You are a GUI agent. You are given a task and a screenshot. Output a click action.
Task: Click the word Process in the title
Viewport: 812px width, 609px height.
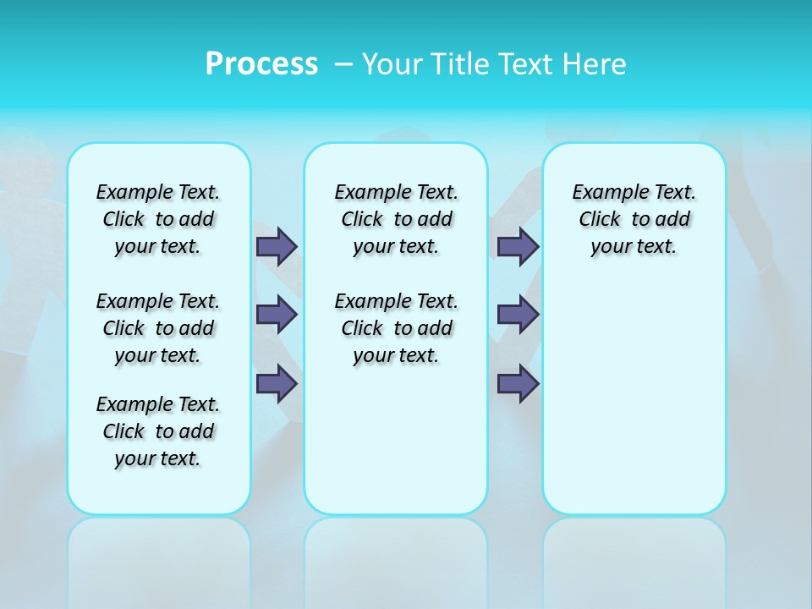(x=261, y=64)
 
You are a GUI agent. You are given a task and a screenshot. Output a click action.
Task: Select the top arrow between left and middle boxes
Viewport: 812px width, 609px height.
(x=277, y=246)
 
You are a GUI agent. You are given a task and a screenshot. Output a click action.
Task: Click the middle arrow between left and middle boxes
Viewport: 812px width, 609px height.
(x=277, y=315)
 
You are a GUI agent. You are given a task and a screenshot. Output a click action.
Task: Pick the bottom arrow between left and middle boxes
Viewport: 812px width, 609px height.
(x=277, y=384)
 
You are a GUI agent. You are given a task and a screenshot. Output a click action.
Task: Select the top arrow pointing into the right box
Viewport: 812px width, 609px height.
(x=518, y=246)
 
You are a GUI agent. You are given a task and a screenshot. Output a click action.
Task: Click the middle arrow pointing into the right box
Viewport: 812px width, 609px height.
(x=518, y=315)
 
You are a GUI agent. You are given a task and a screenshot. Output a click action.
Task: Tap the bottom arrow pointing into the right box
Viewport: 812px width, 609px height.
(x=518, y=384)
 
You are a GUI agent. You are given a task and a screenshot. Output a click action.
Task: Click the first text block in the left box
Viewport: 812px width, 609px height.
(x=158, y=219)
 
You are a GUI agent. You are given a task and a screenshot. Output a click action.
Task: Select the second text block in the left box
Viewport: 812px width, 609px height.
(x=158, y=328)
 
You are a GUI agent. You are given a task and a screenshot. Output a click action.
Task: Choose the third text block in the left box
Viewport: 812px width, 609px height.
(x=158, y=431)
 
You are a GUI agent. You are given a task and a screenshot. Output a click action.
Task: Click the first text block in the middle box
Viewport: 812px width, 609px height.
(x=396, y=219)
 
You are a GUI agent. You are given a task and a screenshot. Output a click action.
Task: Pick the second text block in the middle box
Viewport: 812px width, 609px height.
(x=396, y=328)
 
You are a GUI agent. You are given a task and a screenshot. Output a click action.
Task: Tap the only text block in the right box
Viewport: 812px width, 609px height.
(x=634, y=219)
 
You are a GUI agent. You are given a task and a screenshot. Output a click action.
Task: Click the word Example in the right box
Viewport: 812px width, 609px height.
(x=602, y=193)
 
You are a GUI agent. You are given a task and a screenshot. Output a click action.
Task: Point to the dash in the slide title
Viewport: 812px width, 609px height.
(x=343, y=64)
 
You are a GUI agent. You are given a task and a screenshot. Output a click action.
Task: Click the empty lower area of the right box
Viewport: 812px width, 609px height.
(x=634, y=406)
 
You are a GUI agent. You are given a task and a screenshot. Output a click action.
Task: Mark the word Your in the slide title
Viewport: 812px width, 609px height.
(x=393, y=64)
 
